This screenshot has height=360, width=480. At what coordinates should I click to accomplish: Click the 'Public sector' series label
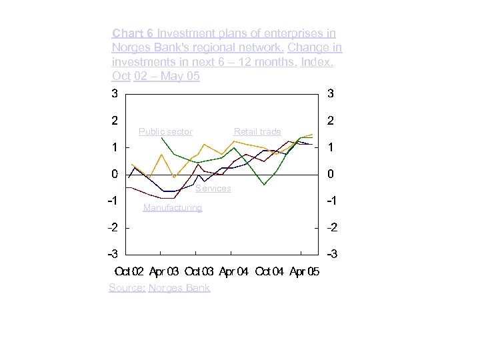(x=165, y=131)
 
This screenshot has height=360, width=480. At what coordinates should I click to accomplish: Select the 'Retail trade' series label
(x=257, y=131)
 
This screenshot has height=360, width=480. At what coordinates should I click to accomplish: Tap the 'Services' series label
(x=213, y=189)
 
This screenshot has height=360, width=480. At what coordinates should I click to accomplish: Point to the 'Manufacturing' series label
(x=173, y=207)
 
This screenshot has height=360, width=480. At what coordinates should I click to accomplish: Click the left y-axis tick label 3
(x=115, y=94)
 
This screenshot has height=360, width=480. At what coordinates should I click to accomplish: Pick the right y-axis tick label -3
(x=330, y=255)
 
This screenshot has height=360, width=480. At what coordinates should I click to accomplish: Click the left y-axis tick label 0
(x=115, y=174)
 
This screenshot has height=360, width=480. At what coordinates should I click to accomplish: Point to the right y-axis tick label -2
(x=330, y=227)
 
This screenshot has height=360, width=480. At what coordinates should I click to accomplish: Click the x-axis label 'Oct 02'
(x=129, y=271)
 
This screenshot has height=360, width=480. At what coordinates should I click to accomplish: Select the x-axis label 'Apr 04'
(x=233, y=271)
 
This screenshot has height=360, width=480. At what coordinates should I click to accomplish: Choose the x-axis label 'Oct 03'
(x=199, y=271)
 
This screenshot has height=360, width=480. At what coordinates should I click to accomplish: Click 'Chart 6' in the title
(x=133, y=33)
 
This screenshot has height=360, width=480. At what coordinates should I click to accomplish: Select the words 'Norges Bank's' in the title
(x=146, y=47)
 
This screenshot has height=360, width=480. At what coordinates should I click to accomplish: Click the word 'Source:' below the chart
(x=127, y=288)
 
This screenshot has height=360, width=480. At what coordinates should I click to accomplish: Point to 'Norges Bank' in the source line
(x=179, y=288)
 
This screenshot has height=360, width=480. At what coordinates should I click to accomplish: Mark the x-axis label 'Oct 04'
(x=269, y=271)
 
